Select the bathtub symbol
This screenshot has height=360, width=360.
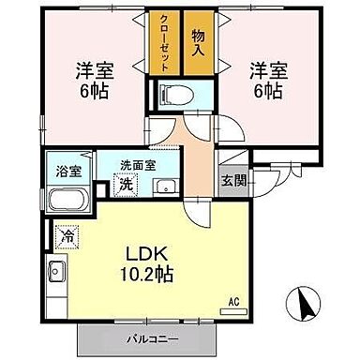[65, 200]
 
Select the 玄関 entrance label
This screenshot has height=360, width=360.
[230, 181]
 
